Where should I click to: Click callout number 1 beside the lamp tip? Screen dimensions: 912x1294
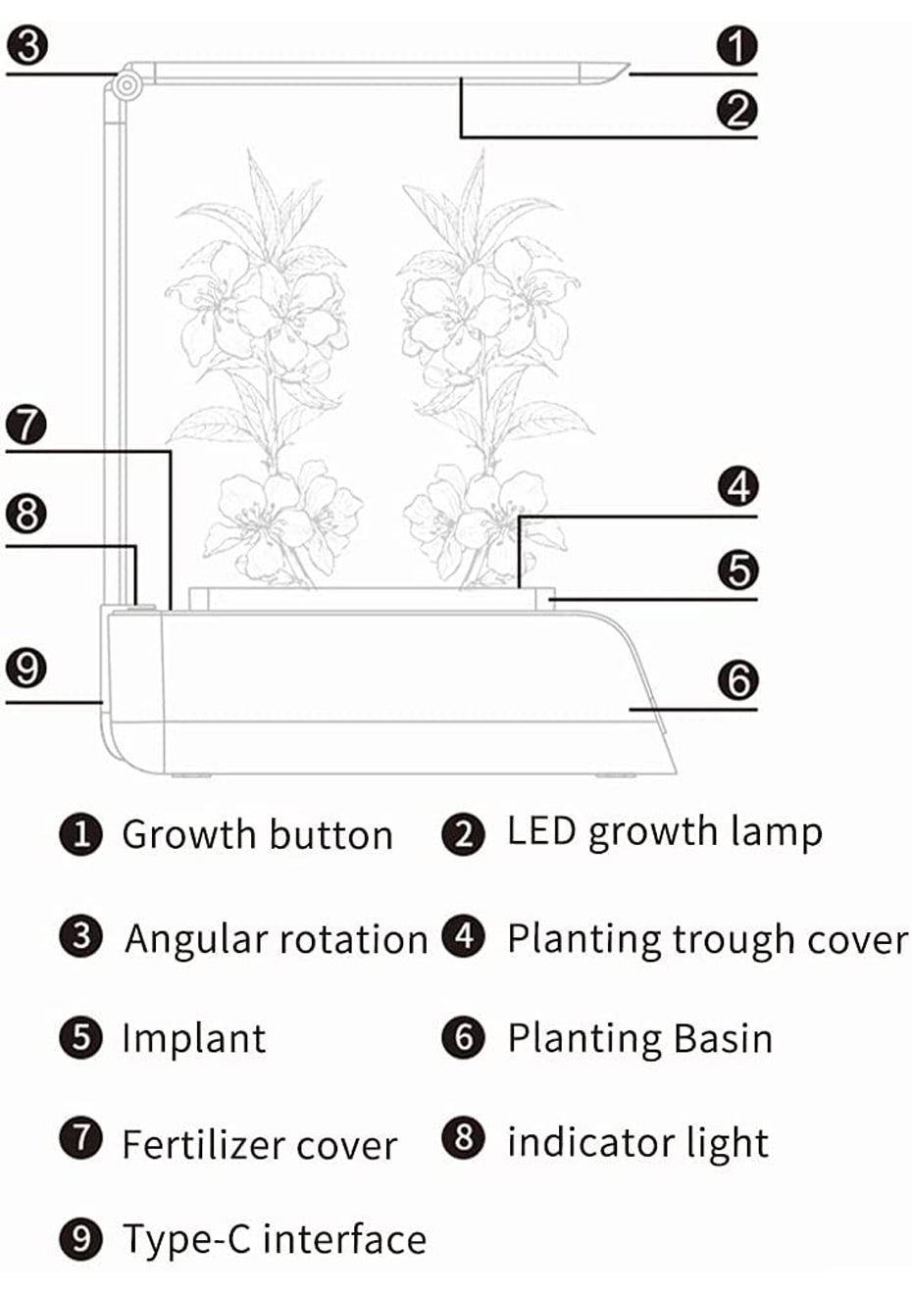[736, 46]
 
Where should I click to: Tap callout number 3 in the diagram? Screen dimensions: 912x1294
[27, 46]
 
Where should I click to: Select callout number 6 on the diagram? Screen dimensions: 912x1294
[737, 679]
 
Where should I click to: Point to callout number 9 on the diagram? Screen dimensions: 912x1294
[26, 668]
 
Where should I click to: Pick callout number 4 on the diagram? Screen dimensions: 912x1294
[737, 486]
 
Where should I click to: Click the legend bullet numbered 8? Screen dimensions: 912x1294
[463, 1137]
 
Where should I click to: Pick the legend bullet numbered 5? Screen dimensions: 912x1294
[81, 1037]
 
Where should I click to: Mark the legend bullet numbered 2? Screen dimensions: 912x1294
[463, 833]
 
